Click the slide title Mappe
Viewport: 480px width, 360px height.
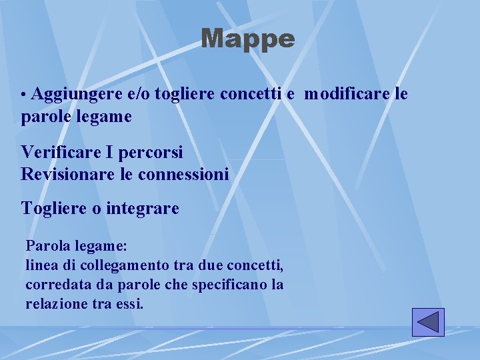(x=247, y=39)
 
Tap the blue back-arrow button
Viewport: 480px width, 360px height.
(x=428, y=322)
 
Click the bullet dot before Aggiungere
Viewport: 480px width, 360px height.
(x=24, y=95)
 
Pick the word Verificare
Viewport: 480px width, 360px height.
(x=61, y=152)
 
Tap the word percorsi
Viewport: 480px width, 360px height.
(x=149, y=152)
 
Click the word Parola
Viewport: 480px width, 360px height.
(x=46, y=245)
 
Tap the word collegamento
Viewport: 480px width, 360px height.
(x=111, y=265)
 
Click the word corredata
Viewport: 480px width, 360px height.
(x=54, y=285)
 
